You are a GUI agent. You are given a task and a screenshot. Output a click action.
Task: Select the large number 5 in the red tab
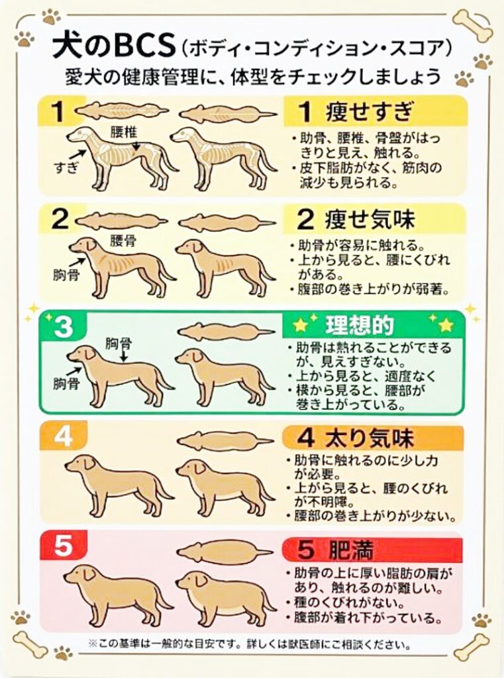pyautogui.click(x=62, y=547)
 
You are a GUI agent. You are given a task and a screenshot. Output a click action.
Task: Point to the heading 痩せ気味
pyautogui.click(x=366, y=220)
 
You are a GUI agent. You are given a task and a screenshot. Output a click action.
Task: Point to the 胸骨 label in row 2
pyautogui.click(x=66, y=274)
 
